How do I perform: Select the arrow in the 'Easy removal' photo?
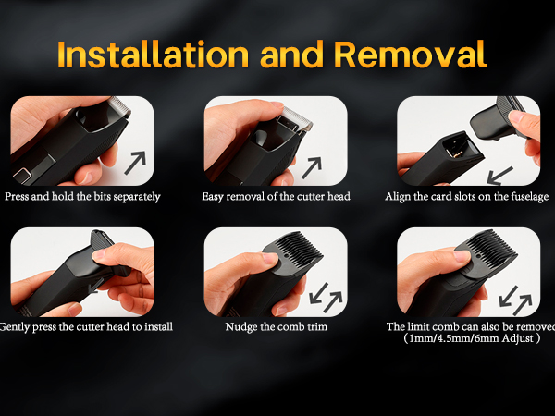(x=312, y=167)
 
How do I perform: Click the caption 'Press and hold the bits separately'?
(x=82, y=196)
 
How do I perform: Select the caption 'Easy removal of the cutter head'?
(x=276, y=196)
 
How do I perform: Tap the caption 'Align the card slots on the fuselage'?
(x=467, y=196)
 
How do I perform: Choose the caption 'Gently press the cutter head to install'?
(x=86, y=326)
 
